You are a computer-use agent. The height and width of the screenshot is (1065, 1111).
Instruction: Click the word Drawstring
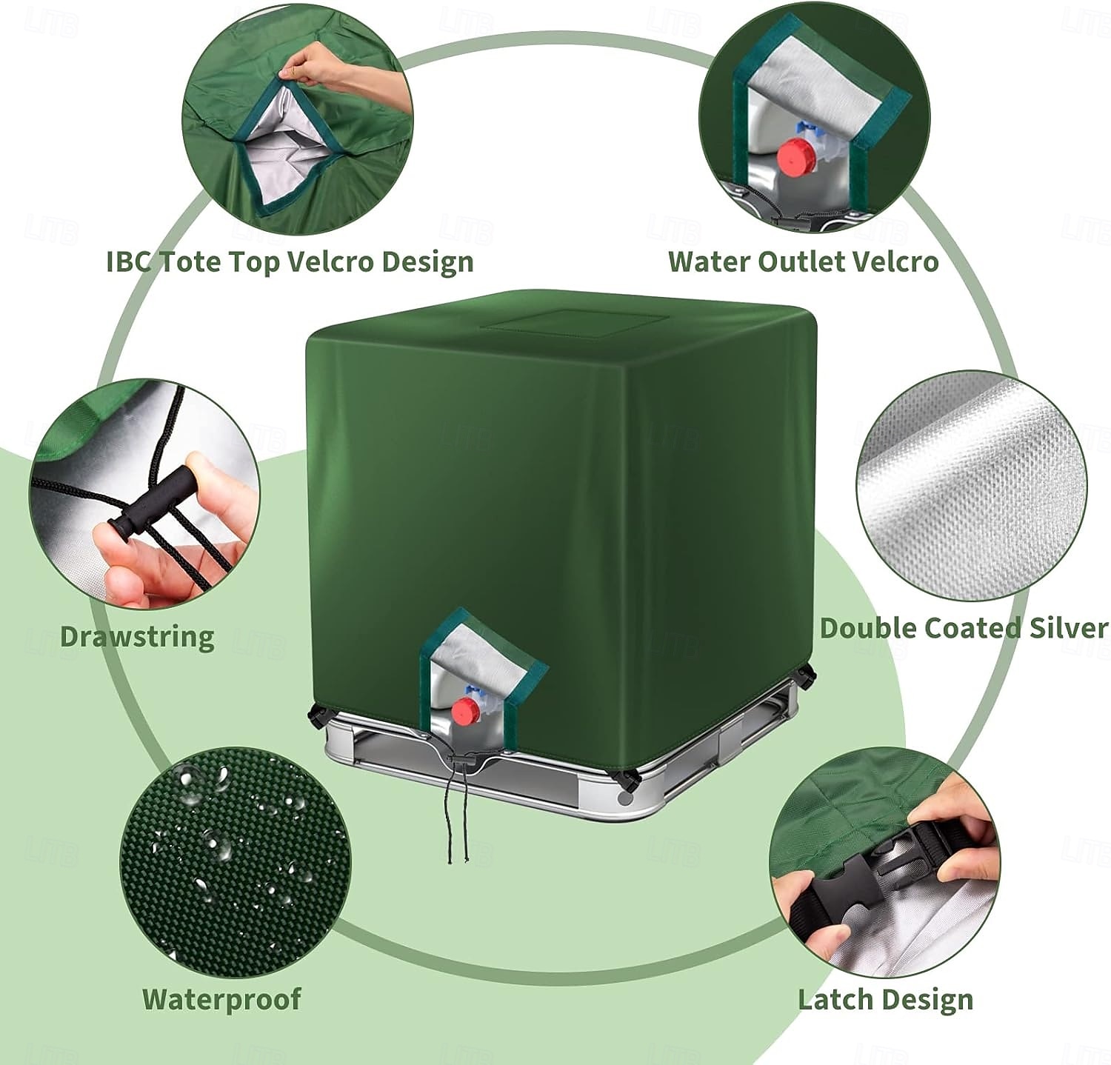point(137,637)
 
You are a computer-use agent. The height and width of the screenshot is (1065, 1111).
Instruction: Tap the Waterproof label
point(221,999)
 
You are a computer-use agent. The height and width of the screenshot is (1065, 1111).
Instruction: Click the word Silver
point(1068,628)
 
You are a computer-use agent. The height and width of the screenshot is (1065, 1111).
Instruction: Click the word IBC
point(130,261)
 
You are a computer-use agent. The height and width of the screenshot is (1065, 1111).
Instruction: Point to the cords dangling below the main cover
point(458,829)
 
